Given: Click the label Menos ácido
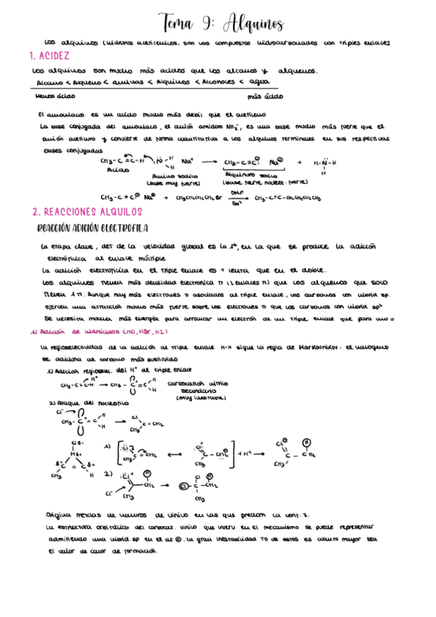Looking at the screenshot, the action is [54, 95].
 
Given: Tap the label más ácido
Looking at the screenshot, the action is [265, 95].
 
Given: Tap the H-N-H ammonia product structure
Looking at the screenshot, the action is [324, 164].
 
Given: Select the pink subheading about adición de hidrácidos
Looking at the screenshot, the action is [86, 331].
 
